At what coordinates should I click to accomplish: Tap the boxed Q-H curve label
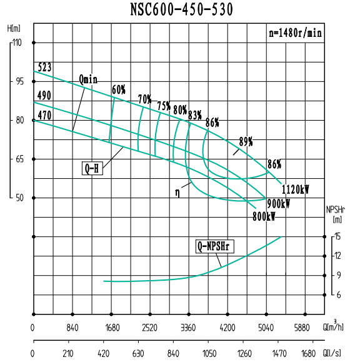click(x=92, y=168)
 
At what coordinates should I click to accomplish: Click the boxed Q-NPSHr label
click(x=213, y=246)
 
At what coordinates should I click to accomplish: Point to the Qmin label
click(x=89, y=79)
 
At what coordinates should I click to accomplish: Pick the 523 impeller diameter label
click(x=44, y=67)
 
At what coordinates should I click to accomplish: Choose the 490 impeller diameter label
click(x=44, y=95)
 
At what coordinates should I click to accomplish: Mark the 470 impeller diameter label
click(x=44, y=115)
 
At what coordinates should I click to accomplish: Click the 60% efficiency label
click(x=119, y=89)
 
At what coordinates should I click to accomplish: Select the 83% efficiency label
click(x=195, y=114)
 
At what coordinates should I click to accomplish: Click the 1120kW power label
click(x=296, y=189)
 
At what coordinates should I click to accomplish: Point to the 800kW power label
click(x=264, y=216)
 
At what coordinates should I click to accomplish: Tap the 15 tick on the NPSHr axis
click(x=337, y=236)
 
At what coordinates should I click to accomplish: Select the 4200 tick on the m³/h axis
click(x=227, y=327)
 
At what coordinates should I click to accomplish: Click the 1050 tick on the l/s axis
click(x=208, y=354)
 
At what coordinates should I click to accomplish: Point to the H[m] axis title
click(x=14, y=29)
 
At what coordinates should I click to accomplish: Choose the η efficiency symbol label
click(x=178, y=194)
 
